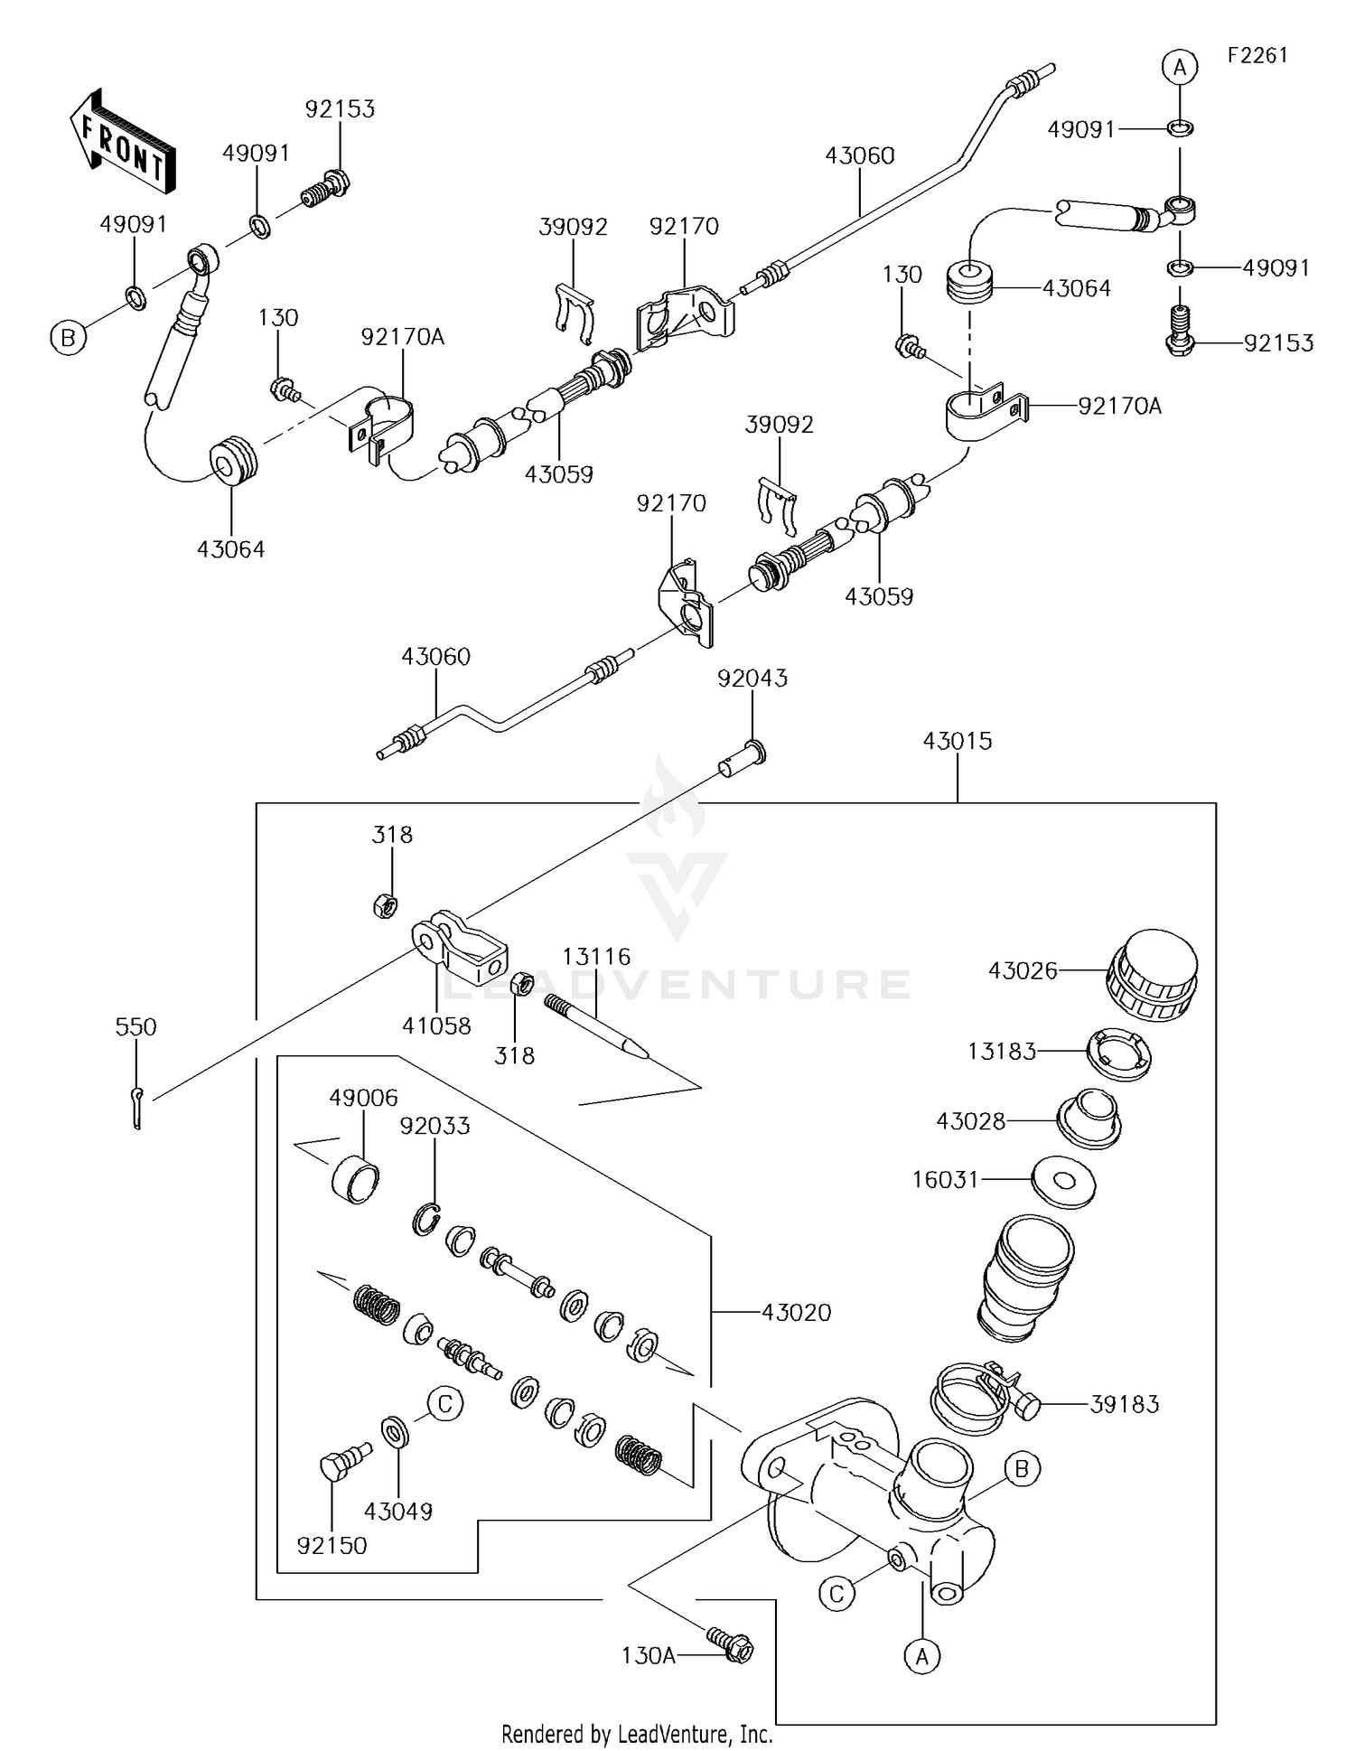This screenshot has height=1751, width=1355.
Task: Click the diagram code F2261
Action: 1257,55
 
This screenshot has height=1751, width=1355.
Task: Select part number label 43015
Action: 957,741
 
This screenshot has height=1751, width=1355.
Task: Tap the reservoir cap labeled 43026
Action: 1151,976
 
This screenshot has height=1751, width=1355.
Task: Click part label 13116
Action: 596,956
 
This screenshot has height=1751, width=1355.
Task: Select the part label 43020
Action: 796,1313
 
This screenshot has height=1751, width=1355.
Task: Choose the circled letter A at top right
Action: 1180,67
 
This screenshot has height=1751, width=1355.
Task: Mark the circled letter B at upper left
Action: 68,339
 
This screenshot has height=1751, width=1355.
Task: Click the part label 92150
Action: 332,1546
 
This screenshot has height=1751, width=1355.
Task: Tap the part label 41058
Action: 437,1025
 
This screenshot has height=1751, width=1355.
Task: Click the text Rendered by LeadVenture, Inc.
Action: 637,1734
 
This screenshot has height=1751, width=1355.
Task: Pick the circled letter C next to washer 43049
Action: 444,1404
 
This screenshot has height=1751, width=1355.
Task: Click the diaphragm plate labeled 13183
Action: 1119,1053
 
